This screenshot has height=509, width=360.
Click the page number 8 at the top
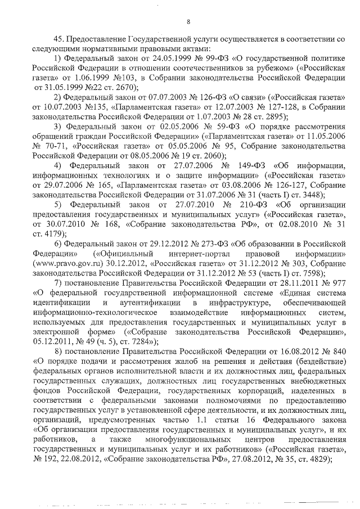pyautogui.click(x=188, y=22)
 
